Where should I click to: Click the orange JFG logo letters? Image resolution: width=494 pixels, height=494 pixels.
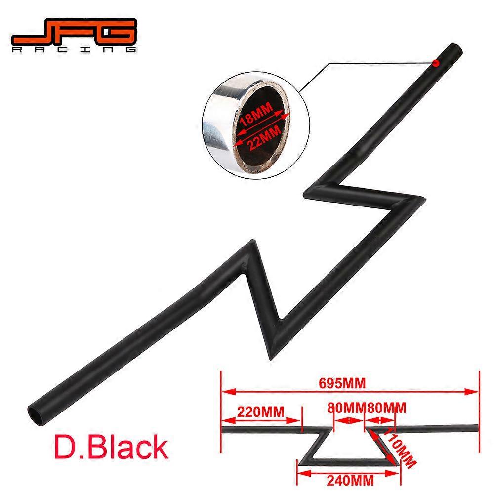click(75, 32)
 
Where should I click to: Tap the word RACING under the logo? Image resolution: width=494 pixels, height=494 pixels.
click(75, 49)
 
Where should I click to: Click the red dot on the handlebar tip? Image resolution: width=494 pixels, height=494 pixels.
click(436, 63)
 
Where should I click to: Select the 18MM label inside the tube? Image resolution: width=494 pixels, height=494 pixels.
click(256, 115)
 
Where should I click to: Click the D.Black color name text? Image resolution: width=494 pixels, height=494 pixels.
click(111, 447)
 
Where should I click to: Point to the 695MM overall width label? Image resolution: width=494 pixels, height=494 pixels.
click(342, 383)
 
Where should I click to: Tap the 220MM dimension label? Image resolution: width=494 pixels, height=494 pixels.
click(260, 412)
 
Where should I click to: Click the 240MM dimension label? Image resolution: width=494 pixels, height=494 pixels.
click(350, 481)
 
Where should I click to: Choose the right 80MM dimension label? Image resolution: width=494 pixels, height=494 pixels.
click(387, 408)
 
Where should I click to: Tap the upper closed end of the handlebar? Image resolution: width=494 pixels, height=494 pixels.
click(455, 50)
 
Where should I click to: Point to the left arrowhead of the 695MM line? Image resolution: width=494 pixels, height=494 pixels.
click(228, 392)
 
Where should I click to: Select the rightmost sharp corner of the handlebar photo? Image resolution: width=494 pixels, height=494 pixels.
click(424, 199)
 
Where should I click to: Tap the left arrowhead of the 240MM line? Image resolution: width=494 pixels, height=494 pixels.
click(304, 473)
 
